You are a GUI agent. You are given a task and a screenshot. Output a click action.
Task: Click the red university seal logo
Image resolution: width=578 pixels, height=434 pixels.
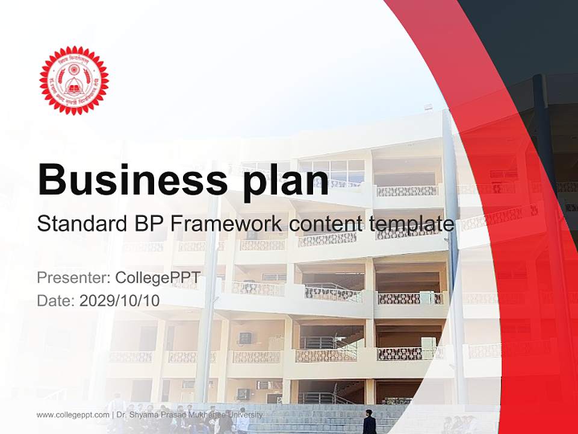tap(73, 80)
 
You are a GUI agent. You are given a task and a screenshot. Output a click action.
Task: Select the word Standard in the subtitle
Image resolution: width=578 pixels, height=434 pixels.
tap(79, 224)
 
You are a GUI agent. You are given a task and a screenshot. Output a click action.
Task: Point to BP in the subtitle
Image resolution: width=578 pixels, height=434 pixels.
tap(146, 224)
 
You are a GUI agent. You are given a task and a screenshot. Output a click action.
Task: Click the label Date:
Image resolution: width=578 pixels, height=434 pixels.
tap(55, 300)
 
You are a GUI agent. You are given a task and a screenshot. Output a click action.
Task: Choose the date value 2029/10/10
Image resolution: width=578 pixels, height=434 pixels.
tap(119, 300)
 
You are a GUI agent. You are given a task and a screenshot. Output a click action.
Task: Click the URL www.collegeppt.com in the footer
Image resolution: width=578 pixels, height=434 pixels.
tap(73, 415)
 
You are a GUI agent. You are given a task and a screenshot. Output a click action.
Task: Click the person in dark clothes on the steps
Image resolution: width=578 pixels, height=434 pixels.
tap(369, 422)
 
